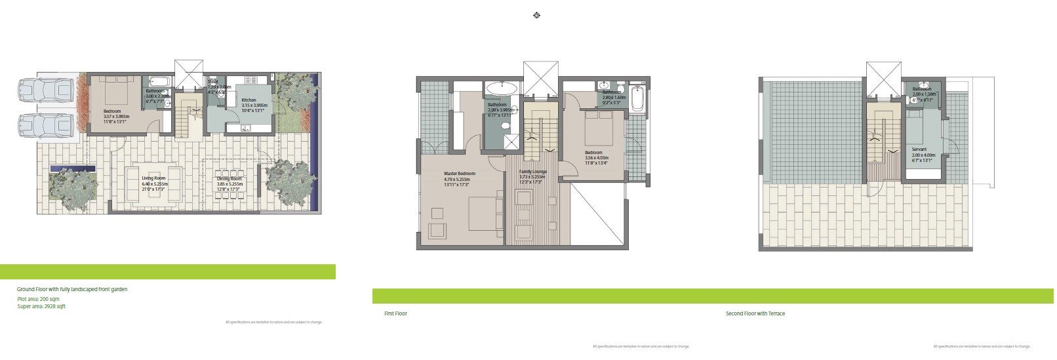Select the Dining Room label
(x=229, y=182)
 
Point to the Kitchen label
(x=249, y=103)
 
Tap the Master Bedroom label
(x=459, y=176)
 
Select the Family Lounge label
(x=532, y=174)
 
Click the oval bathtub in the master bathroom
(x=502, y=88)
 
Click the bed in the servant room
(x=923, y=125)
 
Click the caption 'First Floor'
(x=395, y=314)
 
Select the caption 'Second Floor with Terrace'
(x=755, y=314)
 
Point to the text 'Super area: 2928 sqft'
(x=41, y=306)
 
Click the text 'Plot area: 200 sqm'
(x=38, y=299)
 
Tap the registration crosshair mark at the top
(x=537, y=15)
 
